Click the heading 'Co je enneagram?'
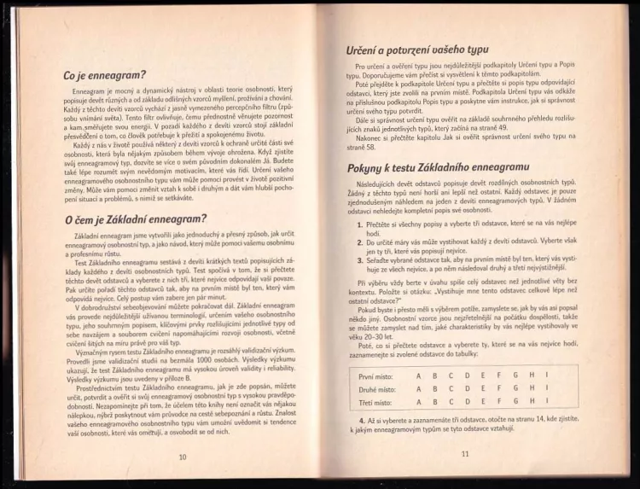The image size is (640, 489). click(x=105, y=76)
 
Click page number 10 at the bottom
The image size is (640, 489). click(x=182, y=456)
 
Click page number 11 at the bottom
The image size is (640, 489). click(x=465, y=453)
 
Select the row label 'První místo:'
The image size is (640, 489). click(x=376, y=375)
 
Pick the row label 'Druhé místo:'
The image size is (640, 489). click(x=377, y=389)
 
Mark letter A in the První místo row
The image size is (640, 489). click(x=418, y=375)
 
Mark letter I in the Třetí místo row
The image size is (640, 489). click(x=544, y=402)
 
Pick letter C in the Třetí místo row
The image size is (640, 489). click(x=450, y=402)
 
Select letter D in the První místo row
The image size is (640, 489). click(x=466, y=375)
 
